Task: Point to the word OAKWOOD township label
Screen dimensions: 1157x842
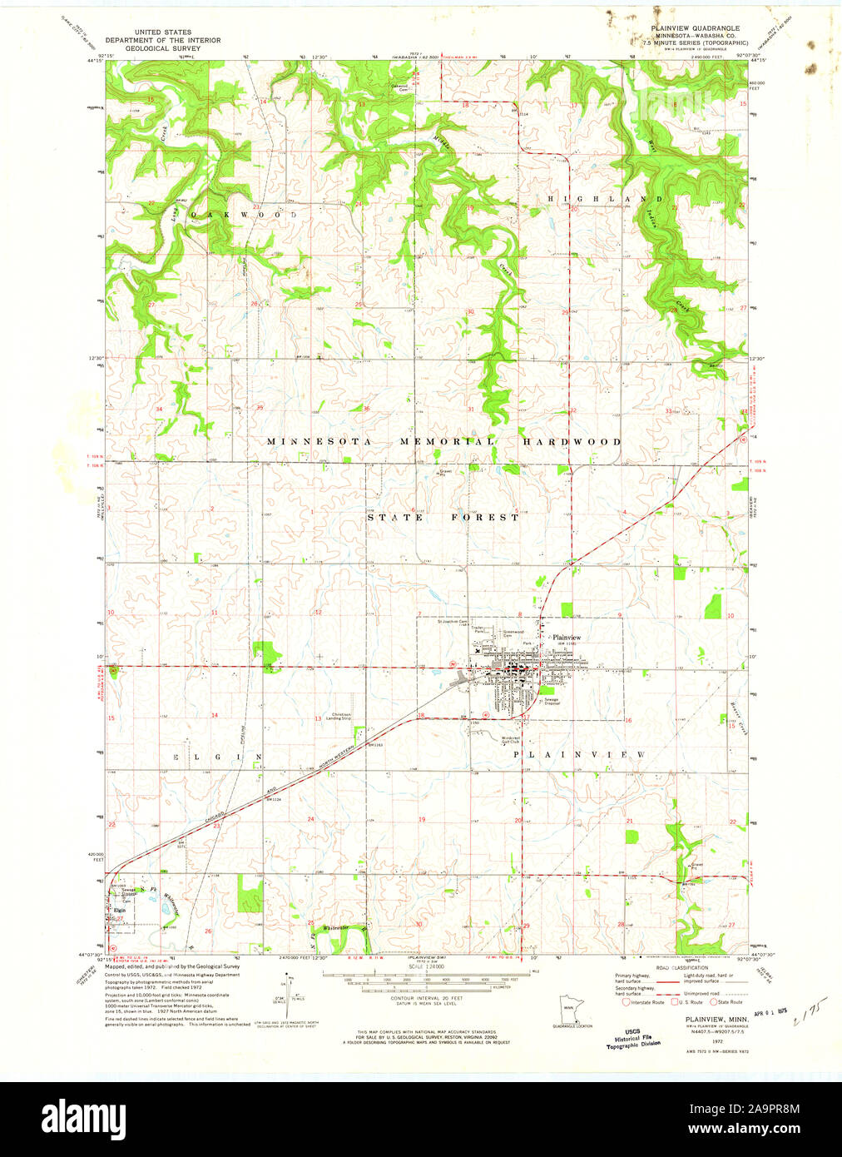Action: click(243, 214)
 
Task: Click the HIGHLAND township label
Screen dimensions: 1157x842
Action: click(604, 200)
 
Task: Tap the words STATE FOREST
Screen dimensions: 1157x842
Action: click(443, 518)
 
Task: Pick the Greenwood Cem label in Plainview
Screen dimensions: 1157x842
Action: click(513, 633)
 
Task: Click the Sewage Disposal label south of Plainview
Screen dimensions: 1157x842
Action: click(552, 702)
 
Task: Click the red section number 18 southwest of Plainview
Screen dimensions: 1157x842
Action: click(421, 716)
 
